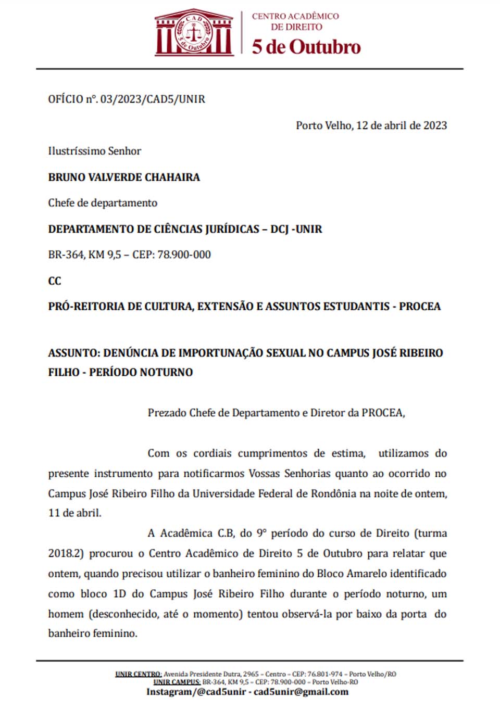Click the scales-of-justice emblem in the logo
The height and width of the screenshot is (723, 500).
[194, 34]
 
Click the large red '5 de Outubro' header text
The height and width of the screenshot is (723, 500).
[306, 47]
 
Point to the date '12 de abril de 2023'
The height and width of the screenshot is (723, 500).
[401, 125]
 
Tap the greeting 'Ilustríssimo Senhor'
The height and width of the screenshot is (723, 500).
[95, 151]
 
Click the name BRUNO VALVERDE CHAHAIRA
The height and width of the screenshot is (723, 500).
[124, 177]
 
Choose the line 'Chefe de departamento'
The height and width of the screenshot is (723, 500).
[103, 203]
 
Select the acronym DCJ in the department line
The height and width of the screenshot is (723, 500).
[280, 229]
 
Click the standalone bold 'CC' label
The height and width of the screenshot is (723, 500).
[55, 281]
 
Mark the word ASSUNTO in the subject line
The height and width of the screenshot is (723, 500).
[73, 353]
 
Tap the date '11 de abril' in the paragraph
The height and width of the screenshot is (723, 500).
[74, 513]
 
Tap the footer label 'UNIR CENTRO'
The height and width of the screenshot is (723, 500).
[138, 674]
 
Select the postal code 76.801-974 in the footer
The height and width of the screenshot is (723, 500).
[324, 674]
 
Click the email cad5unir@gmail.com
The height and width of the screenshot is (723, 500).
[301, 692]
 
